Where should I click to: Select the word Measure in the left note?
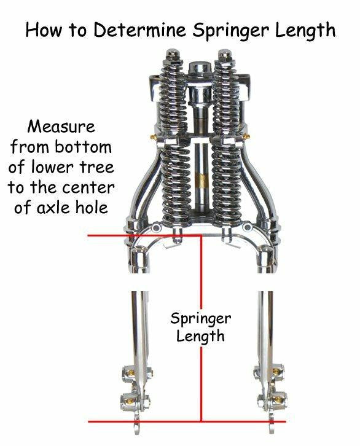pyautogui.click(x=61, y=127)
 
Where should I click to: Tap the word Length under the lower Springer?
pyautogui.click(x=200, y=337)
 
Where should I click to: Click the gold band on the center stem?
pyautogui.click(x=202, y=181)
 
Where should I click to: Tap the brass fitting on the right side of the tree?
pyautogui.click(x=246, y=136)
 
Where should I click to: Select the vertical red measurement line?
pyautogui.click(x=202, y=328)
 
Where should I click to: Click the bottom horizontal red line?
pyautogui.click(x=187, y=421)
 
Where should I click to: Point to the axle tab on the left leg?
pyautogui.click(x=138, y=425)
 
